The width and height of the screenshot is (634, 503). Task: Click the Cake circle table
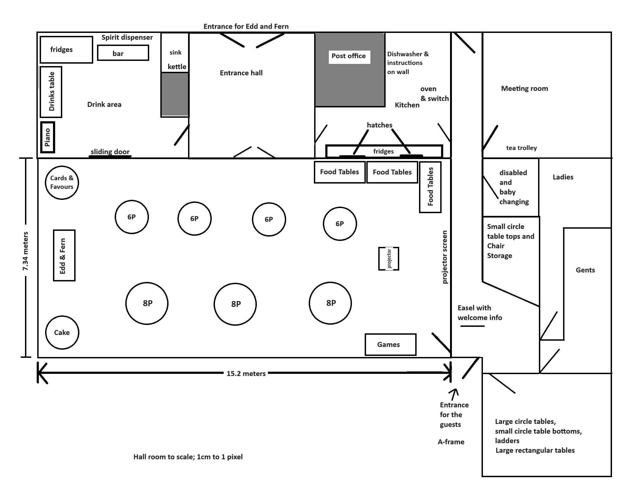pyautogui.click(x=62, y=333)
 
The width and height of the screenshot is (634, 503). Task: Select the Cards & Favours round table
pyautogui.click(x=62, y=182)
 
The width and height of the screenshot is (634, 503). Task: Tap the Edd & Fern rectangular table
pyautogui.click(x=64, y=255)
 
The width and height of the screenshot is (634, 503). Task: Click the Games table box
pyautogui.click(x=390, y=344)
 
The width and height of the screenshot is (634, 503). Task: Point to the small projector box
pyautogui.click(x=388, y=259)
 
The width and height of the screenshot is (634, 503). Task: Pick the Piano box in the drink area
pyautogui.click(x=48, y=137)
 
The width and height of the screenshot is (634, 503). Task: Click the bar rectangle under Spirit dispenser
pyautogui.click(x=123, y=53)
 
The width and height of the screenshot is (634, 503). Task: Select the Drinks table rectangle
pyautogui.click(x=51, y=92)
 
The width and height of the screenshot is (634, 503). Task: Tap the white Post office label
pyautogui.click(x=349, y=57)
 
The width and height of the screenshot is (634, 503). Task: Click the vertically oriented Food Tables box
pyautogui.click(x=430, y=187)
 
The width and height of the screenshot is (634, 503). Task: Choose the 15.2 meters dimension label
pyautogui.click(x=246, y=374)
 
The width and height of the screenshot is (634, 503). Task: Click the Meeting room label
pyautogui.click(x=524, y=89)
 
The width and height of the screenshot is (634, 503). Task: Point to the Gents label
pyautogui.click(x=585, y=270)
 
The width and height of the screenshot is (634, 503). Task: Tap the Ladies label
pyautogui.click(x=563, y=177)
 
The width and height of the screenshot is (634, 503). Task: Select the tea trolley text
pyautogui.click(x=521, y=148)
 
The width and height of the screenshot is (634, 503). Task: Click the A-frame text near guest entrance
pyautogui.click(x=451, y=442)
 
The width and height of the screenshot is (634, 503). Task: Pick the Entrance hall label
pyautogui.click(x=241, y=73)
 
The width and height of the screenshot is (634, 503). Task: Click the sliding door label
pyautogui.click(x=110, y=152)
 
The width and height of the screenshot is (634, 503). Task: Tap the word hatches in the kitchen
pyautogui.click(x=379, y=125)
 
